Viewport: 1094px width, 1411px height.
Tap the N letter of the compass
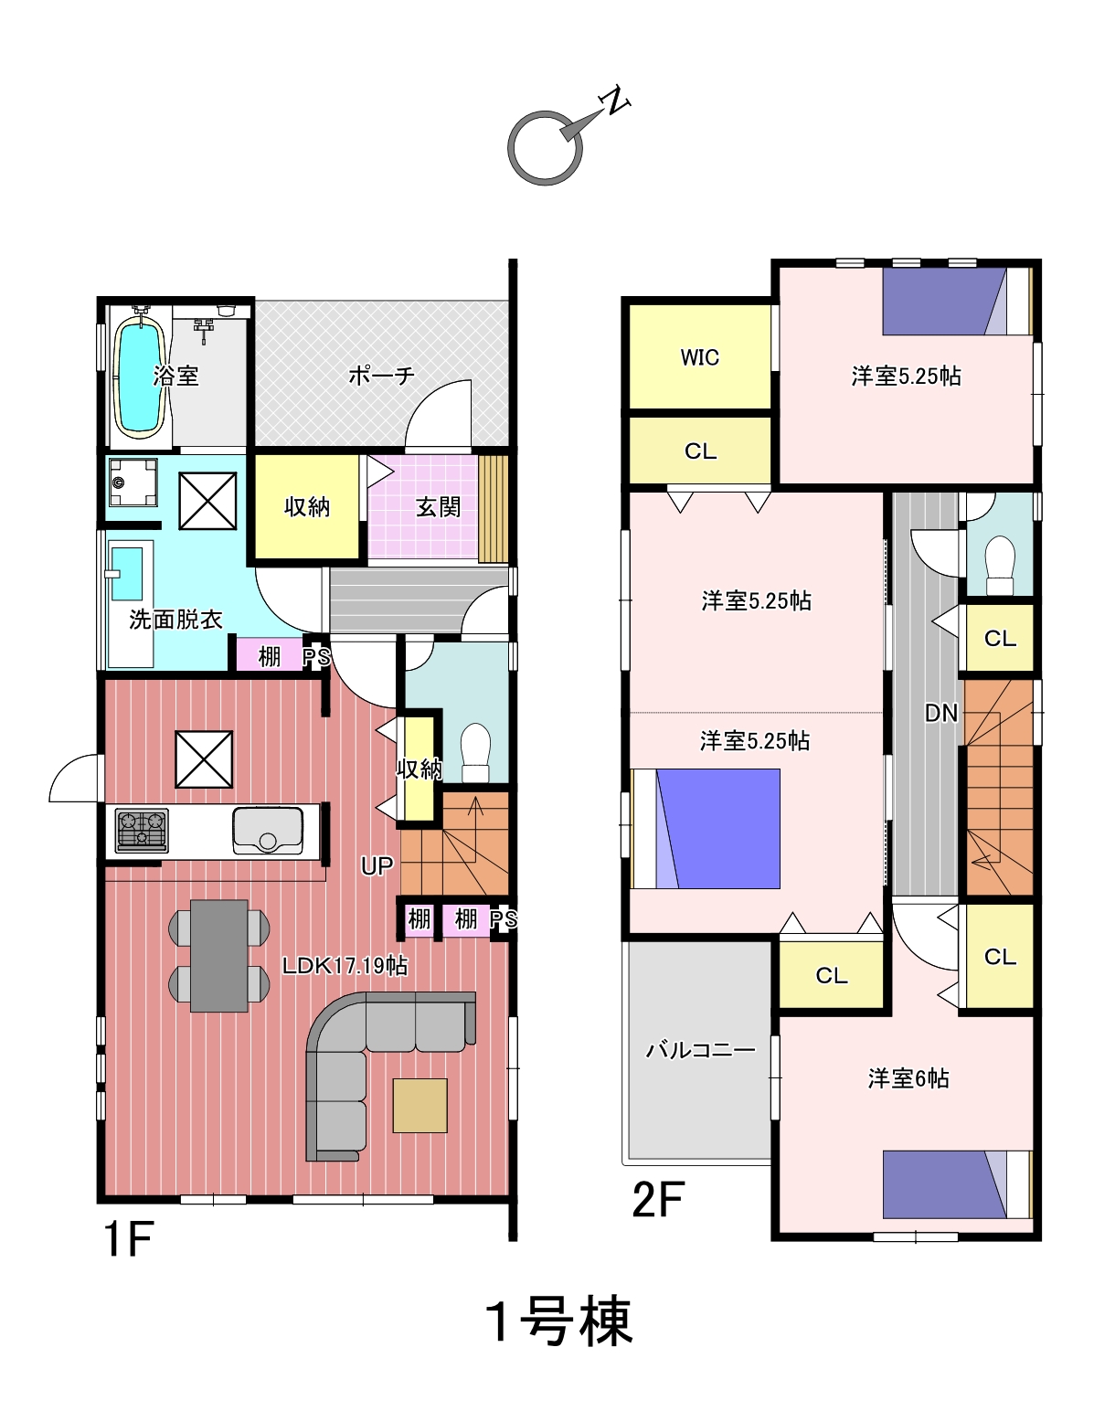click(615, 100)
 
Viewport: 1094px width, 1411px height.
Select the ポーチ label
click(381, 376)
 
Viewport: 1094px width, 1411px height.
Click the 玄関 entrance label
click(439, 506)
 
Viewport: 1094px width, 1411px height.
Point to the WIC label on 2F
click(700, 357)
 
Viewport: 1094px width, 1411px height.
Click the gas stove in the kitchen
click(142, 831)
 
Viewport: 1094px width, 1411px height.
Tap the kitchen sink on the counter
click(268, 831)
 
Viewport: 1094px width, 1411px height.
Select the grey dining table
click(218, 955)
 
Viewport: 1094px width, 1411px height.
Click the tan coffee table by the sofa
click(420, 1106)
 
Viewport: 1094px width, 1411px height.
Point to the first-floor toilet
click(475, 753)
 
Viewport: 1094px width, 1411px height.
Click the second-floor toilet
click(1000, 565)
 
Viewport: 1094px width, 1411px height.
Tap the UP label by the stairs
click(377, 865)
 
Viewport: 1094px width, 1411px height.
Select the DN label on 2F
click(940, 714)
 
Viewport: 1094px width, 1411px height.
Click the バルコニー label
click(701, 1049)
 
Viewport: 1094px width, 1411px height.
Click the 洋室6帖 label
click(908, 1078)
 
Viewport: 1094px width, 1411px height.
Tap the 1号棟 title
click(559, 1321)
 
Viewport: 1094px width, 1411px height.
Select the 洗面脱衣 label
click(175, 620)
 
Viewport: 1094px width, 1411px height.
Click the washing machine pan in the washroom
click(133, 483)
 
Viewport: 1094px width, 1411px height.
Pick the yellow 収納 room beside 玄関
click(306, 506)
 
